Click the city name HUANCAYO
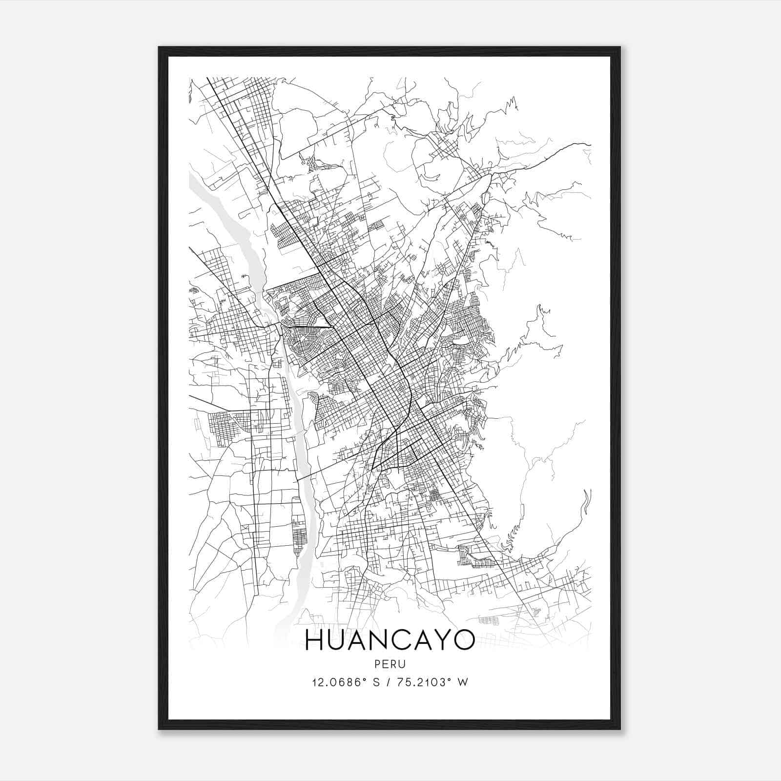390,640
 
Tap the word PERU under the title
390,664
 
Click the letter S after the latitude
376,682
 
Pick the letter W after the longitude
463,682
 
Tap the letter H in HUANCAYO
315,640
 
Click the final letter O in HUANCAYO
463,640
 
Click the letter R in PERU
394,664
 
